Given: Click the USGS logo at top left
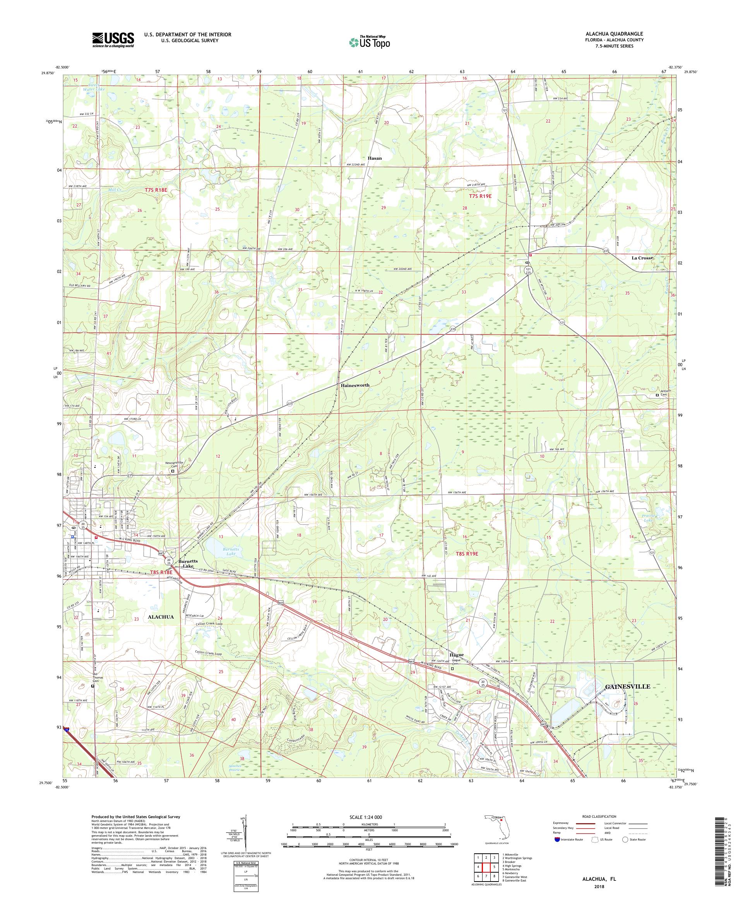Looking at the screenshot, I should click(x=113, y=40).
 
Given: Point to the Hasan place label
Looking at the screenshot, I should click(x=375, y=158).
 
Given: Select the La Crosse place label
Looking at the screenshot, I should click(x=643, y=258).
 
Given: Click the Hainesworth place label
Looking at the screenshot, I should click(x=355, y=385).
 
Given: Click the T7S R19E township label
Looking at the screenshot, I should click(x=480, y=196).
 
